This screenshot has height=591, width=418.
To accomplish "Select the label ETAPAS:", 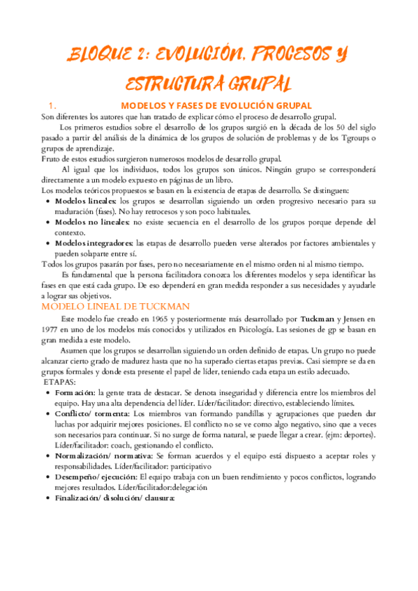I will [61, 383].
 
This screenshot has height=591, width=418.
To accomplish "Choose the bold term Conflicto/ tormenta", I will [91, 414].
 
